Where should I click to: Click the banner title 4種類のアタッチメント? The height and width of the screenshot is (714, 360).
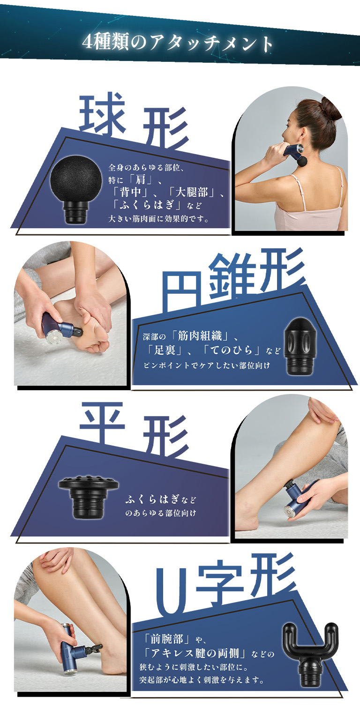(x=178, y=43)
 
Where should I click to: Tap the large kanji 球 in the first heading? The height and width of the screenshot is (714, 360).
(x=102, y=113)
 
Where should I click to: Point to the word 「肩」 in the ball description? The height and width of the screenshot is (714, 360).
(x=141, y=180)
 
